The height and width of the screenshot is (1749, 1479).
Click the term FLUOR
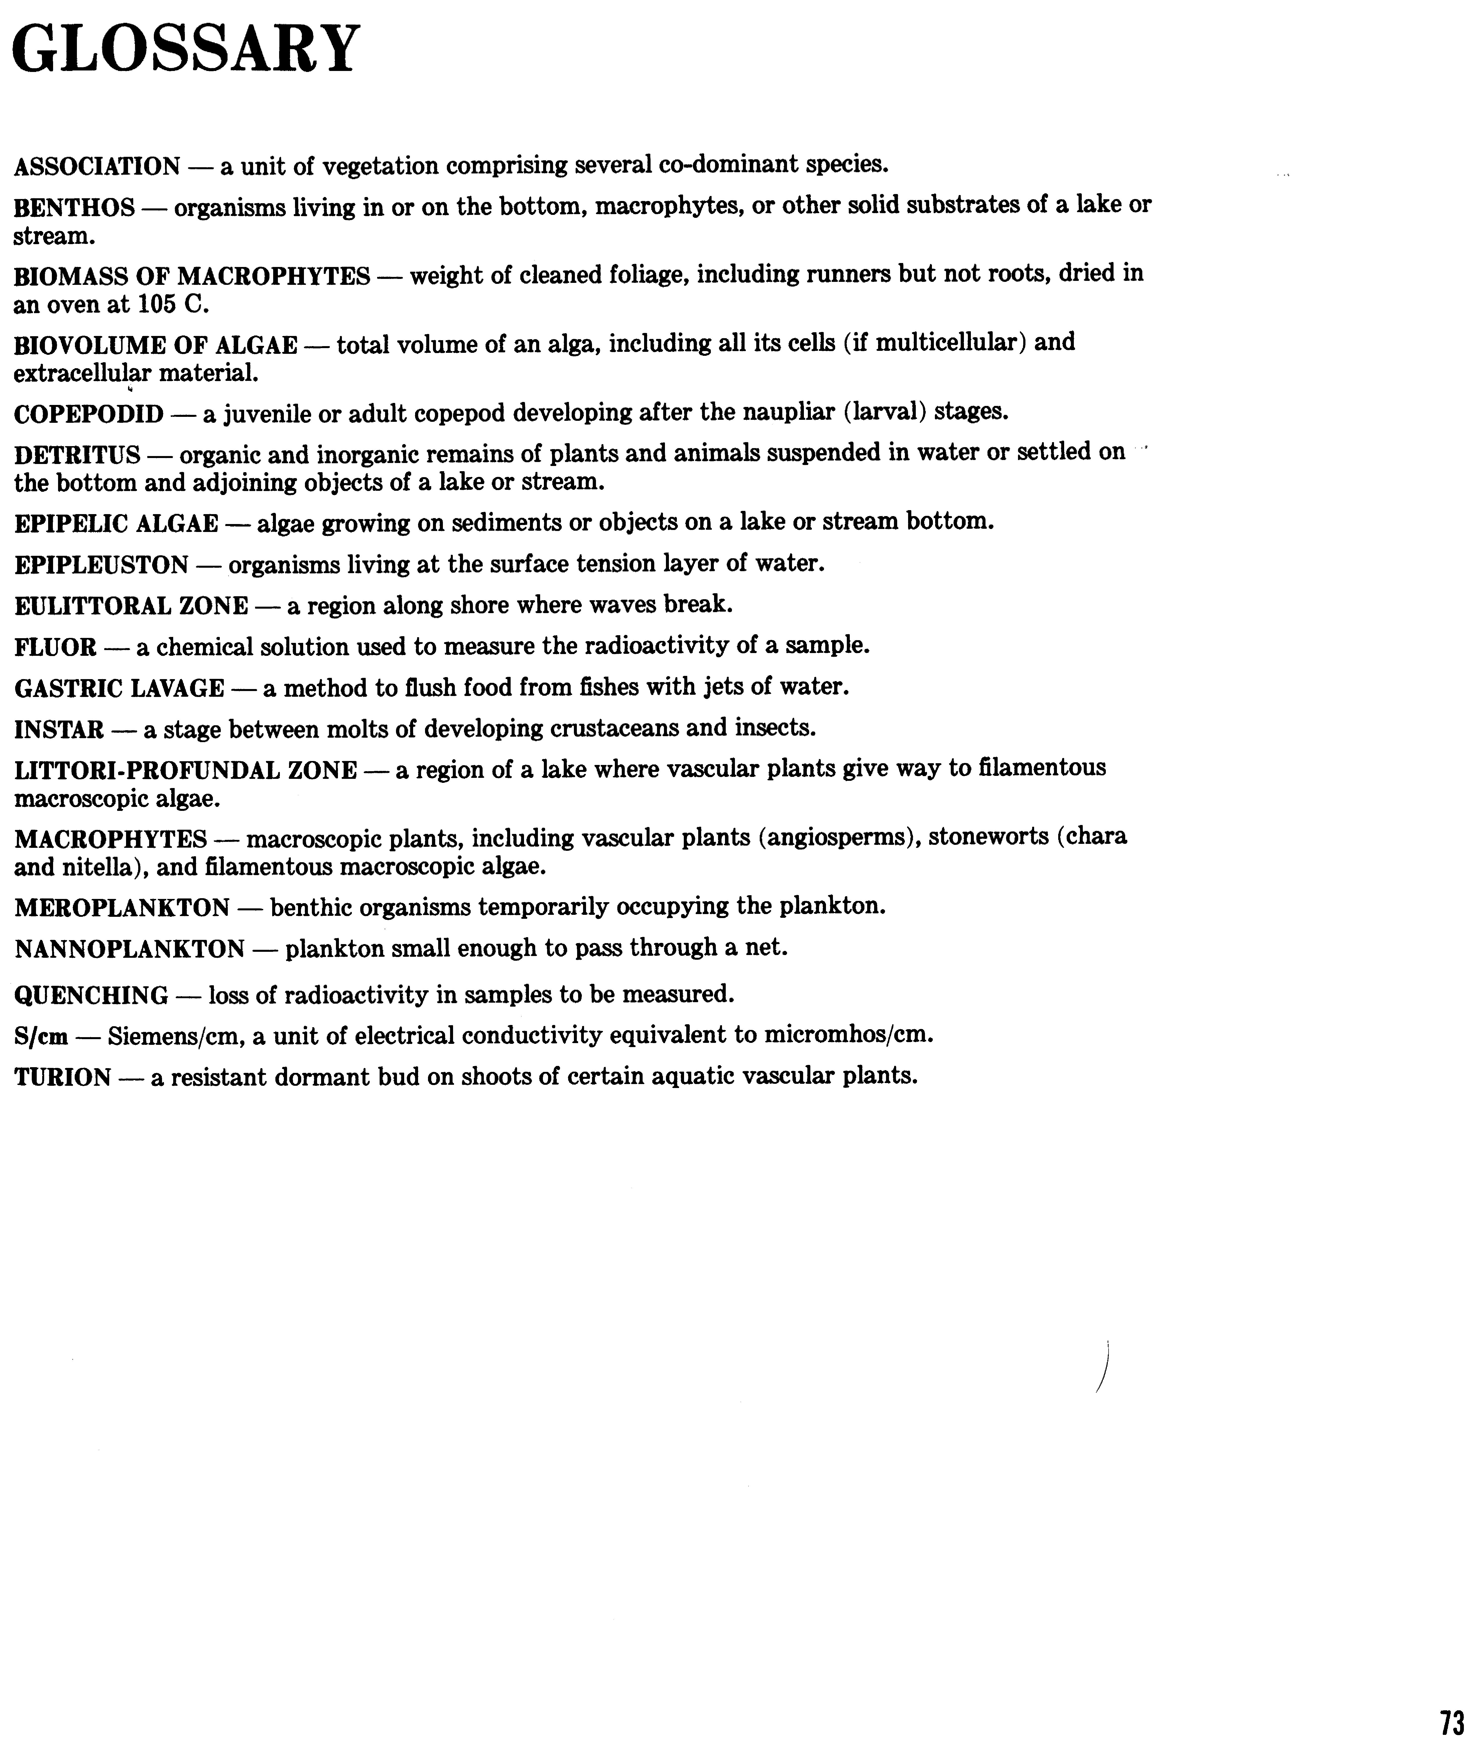(55, 647)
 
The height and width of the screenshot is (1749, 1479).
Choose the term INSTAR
(59, 729)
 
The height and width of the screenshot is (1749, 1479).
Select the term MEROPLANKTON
(122, 907)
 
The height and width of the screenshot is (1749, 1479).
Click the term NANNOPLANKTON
(129, 949)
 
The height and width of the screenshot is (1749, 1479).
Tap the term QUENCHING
(91, 995)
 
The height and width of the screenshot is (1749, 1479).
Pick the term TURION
(63, 1077)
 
